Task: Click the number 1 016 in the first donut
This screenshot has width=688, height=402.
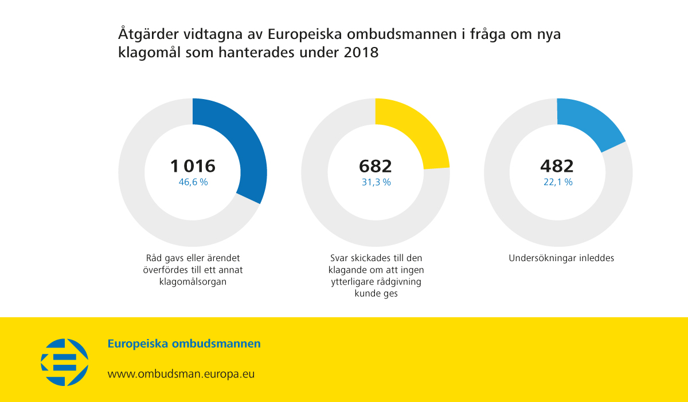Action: pos(193,166)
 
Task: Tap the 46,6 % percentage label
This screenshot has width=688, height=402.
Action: pos(193,182)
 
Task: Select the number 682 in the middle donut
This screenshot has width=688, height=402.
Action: pos(376,166)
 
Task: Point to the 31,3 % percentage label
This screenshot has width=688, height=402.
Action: pos(376,182)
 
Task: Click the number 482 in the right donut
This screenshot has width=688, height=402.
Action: pos(557,166)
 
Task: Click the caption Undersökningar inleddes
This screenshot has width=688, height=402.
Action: pos(561,258)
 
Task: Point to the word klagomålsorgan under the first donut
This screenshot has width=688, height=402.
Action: pos(193,281)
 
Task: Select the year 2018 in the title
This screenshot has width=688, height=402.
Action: pos(362,52)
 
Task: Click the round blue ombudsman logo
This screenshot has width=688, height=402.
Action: pos(65,362)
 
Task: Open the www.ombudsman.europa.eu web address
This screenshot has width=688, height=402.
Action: pos(181,374)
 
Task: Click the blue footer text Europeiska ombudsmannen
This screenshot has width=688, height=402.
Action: pos(184,344)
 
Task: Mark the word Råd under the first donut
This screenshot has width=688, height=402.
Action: pos(154,258)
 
